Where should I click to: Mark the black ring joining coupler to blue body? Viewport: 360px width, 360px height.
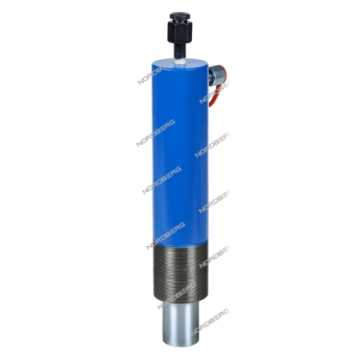(x=210, y=76)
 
